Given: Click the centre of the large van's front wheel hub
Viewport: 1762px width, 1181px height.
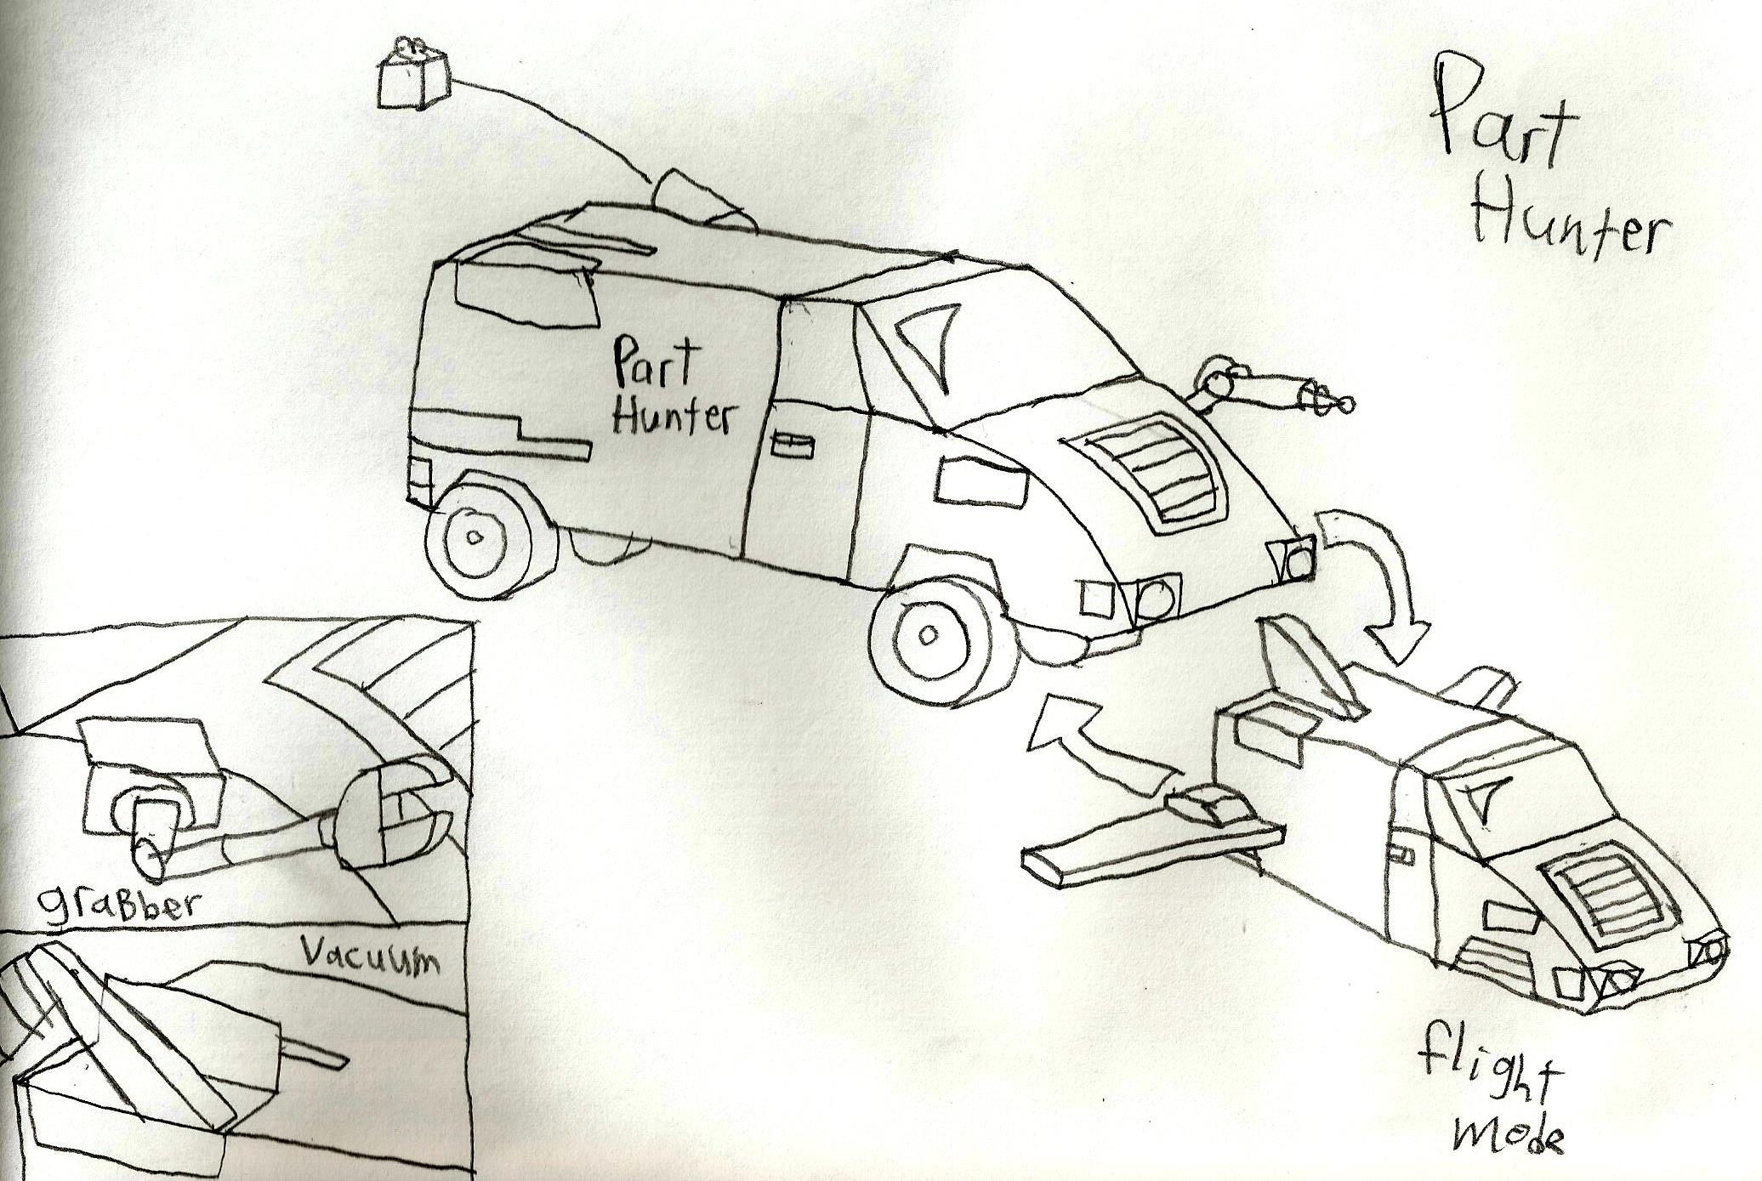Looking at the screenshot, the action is coord(929,633).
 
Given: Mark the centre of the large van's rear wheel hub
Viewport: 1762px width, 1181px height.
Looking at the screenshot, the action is coord(475,537).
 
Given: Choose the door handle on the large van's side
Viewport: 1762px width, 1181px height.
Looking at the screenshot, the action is coord(790,444).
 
